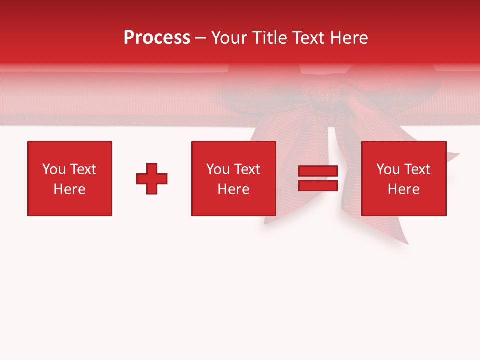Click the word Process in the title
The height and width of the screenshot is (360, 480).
(157, 38)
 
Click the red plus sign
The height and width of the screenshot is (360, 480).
(152, 179)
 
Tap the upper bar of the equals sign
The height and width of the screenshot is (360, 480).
(318, 171)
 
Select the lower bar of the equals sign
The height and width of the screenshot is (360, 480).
(318, 185)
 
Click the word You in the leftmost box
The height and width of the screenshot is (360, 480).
(54, 169)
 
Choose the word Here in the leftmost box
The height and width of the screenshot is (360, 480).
(69, 189)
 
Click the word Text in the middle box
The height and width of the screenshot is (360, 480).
(247, 169)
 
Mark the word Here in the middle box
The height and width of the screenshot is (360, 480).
(233, 189)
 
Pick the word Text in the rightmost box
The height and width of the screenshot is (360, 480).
(417, 169)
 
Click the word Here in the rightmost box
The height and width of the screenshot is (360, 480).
(403, 189)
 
